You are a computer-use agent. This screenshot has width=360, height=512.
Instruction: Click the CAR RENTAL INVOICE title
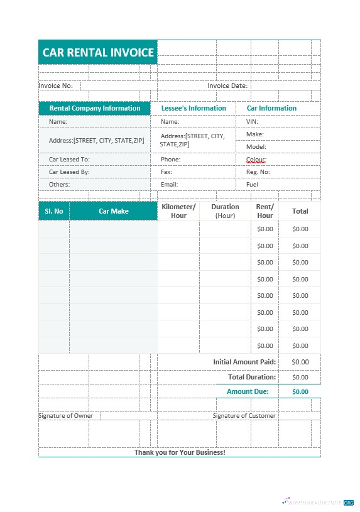click(x=98, y=52)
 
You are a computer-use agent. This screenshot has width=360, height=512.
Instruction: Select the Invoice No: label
click(x=56, y=85)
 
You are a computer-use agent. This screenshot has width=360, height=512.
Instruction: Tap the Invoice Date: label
click(x=227, y=85)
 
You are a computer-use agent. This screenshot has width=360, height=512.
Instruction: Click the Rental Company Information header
click(x=95, y=108)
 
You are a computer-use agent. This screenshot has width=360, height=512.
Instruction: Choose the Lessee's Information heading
click(x=194, y=108)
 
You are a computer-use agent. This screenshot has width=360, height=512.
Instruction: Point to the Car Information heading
click(x=271, y=108)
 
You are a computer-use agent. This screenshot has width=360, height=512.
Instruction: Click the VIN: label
click(x=252, y=122)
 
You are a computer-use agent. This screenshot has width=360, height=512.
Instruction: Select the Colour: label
click(x=256, y=160)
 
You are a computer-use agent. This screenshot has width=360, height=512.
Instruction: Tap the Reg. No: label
click(x=258, y=172)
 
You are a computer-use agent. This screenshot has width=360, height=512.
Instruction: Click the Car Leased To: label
click(x=69, y=160)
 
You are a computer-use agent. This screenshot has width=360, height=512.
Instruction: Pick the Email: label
click(x=169, y=185)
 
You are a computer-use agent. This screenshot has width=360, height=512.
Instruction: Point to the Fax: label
click(x=166, y=172)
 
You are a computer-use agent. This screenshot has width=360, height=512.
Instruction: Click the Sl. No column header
click(x=54, y=211)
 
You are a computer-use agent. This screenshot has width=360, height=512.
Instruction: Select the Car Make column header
click(x=113, y=211)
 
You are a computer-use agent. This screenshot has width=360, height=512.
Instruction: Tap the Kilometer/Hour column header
click(x=178, y=211)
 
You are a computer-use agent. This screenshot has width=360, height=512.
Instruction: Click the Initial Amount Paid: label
click(x=244, y=362)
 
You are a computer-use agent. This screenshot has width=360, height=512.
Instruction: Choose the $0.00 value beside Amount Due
click(x=300, y=391)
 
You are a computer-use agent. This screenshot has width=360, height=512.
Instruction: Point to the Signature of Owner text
click(x=66, y=416)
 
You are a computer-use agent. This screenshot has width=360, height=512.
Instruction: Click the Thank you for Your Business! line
click(x=180, y=452)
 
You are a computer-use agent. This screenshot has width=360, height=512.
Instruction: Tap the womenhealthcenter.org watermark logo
click(x=318, y=503)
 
